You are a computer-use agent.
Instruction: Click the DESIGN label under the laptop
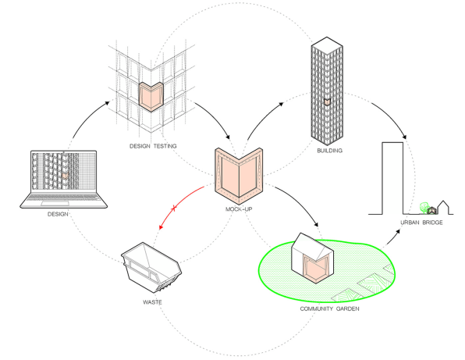point(58,214)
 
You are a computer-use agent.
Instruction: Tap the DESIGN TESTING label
point(153,146)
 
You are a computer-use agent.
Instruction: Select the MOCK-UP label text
point(239,209)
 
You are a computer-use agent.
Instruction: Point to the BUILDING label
point(330,151)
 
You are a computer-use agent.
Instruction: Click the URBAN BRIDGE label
point(421,223)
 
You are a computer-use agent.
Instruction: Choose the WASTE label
point(152,302)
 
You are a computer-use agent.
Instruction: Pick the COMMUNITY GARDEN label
point(329,308)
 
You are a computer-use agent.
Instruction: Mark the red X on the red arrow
point(174,209)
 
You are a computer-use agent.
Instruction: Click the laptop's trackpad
point(55,203)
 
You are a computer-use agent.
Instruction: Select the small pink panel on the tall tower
point(327,102)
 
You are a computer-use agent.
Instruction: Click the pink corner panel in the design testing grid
point(151,97)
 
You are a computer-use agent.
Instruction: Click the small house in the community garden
point(313,258)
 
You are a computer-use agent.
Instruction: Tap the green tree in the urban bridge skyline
point(424,207)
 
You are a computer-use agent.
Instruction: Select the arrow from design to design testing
point(87,116)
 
